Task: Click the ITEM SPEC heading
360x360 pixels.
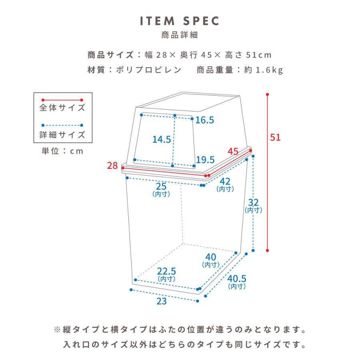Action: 180,21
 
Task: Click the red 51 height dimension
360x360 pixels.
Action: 275,137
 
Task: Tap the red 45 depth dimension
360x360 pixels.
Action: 233,152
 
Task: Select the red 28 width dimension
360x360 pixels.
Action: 113,165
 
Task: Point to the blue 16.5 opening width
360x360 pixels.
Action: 205,120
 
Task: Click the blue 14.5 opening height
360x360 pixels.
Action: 162,139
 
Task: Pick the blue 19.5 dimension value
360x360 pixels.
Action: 206,160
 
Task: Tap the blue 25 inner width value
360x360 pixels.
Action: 161,186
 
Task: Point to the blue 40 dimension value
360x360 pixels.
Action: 211,258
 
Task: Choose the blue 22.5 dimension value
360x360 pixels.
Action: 166,271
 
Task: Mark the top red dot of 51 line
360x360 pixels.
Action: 268,95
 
